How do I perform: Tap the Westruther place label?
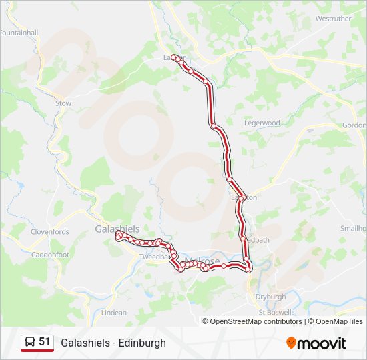pos(333,19)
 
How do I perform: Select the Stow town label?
pos(63,103)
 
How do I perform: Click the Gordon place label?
pos(354,125)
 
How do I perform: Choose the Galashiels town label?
pos(117,229)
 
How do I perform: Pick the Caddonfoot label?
pos(50,255)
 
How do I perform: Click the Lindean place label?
pos(114,312)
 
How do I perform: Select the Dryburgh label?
pos(270,297)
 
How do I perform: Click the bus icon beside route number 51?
pos(29,343)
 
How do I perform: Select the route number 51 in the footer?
pos(45,342)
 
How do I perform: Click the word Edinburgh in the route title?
pos(143,343)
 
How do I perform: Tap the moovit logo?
pos(316,343)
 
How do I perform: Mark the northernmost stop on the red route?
pos(175,57)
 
